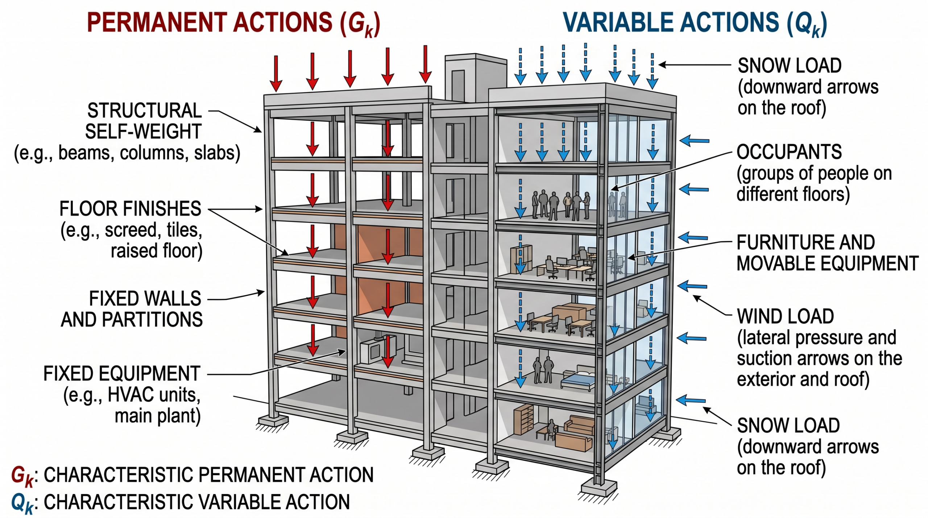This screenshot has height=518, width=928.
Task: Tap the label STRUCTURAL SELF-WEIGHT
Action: (x=144, y=121)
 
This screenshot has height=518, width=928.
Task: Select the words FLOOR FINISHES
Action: (x=130, y=209)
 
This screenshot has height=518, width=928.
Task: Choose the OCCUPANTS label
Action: (x=789, y=152)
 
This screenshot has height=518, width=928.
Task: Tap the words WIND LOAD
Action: (x=786, y=316)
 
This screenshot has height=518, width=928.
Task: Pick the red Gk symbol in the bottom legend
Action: (x=22, y=476)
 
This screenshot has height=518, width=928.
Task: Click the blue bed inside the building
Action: (x=578, y=379)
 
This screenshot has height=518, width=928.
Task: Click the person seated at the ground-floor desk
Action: (x=551, y=429)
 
